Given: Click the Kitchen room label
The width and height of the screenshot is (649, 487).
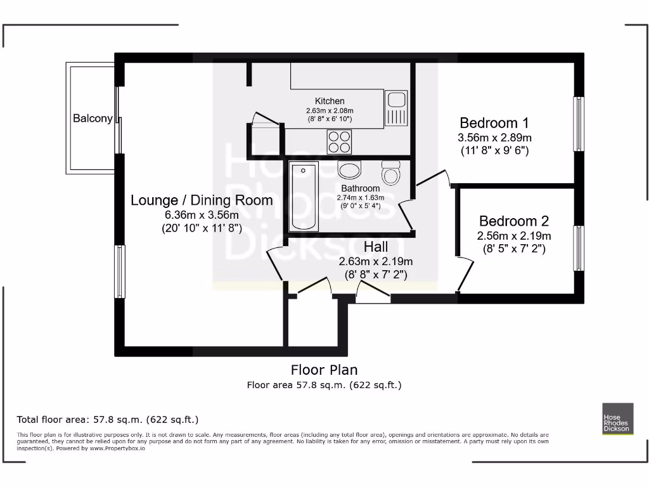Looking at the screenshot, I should pos(330,101).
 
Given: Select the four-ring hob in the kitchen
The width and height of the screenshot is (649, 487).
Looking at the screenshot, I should pos(340,141).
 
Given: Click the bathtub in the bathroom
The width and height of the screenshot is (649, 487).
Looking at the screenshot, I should pos(304,197).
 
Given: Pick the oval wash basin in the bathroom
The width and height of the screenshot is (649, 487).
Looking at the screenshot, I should pos(349,170).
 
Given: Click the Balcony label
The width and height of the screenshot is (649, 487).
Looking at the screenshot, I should pos(93,118).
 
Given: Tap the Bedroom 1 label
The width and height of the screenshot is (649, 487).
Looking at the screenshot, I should pos(494,123).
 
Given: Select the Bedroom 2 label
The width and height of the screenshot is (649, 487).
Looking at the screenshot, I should pos(513,221).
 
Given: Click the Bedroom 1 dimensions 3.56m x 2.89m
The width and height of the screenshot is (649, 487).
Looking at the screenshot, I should pos(494,138).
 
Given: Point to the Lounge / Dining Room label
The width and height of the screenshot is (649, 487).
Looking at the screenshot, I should pos(202,200).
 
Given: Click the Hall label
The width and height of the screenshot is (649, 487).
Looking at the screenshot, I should pos(376,246).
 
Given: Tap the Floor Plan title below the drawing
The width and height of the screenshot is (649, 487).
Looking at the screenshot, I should pos(324,370).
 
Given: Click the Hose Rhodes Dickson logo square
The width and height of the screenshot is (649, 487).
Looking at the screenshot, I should pos(617,419).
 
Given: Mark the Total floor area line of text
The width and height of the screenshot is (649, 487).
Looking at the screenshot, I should pos(108,419).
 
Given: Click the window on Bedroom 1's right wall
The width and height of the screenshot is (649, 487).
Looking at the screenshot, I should pos(578,124).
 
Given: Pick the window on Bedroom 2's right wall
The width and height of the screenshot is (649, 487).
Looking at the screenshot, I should pos(578,248).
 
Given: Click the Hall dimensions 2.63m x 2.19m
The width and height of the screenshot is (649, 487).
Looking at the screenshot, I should pos(376,261).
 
